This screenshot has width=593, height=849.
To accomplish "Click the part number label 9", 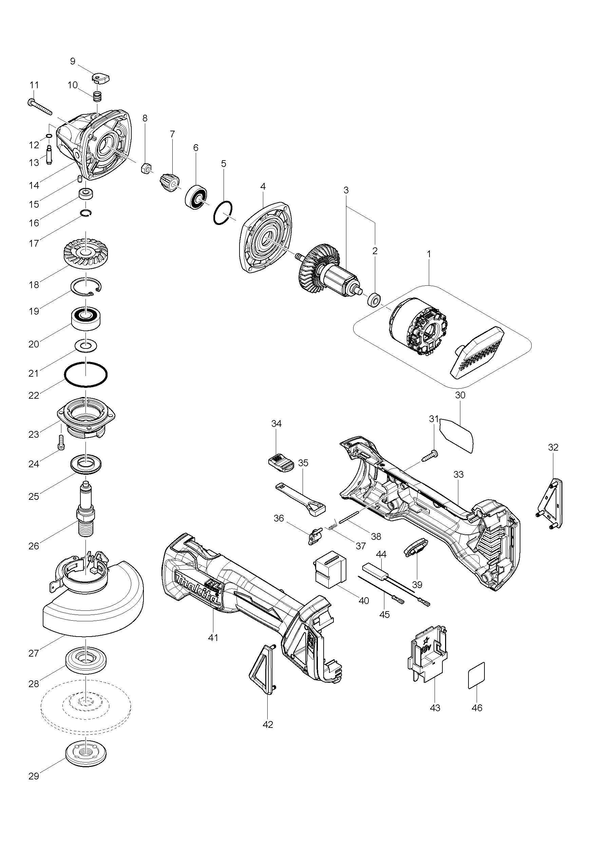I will [73, 61].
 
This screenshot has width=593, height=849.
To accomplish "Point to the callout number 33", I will [458, 474].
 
